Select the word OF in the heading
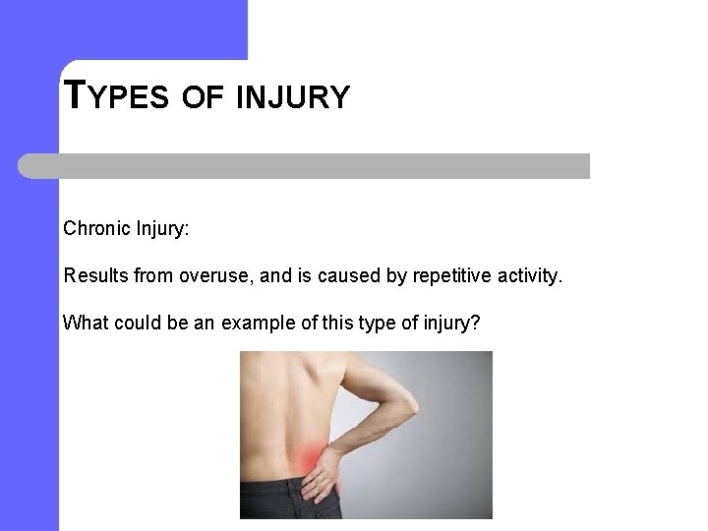pos(204,97)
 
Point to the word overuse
pos(214,276)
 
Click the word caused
pos(346,276)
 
